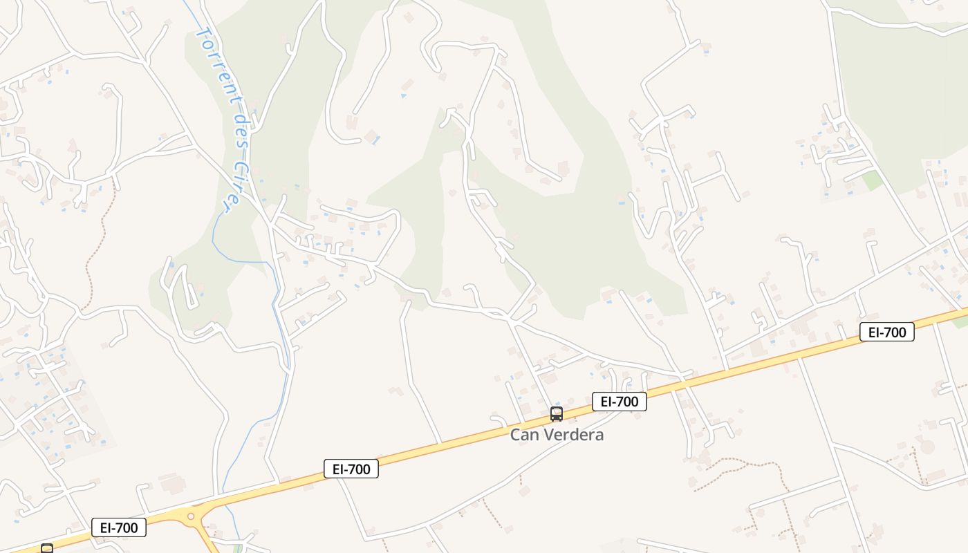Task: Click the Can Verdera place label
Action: (x=557, y=435)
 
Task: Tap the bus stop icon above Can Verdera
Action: (x=557, y=414)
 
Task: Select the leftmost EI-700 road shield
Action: (x=119, y=527)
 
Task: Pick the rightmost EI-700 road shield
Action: (x=887, y=332)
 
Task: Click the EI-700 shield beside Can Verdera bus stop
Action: (x=620, y=402)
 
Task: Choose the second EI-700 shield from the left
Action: (x=351, y=469)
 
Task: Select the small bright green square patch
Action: (x=873, y=181)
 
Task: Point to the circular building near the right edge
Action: (x=927, y=447)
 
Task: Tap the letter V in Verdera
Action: (x=541, y=435)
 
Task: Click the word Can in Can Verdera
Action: (x=522, y=435)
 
